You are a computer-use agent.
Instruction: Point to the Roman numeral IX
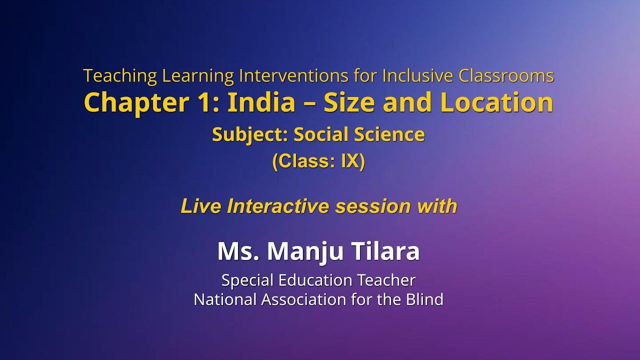(350, 161)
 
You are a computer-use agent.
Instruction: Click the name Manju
(305, 251)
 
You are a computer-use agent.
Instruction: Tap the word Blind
(425, 299)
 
